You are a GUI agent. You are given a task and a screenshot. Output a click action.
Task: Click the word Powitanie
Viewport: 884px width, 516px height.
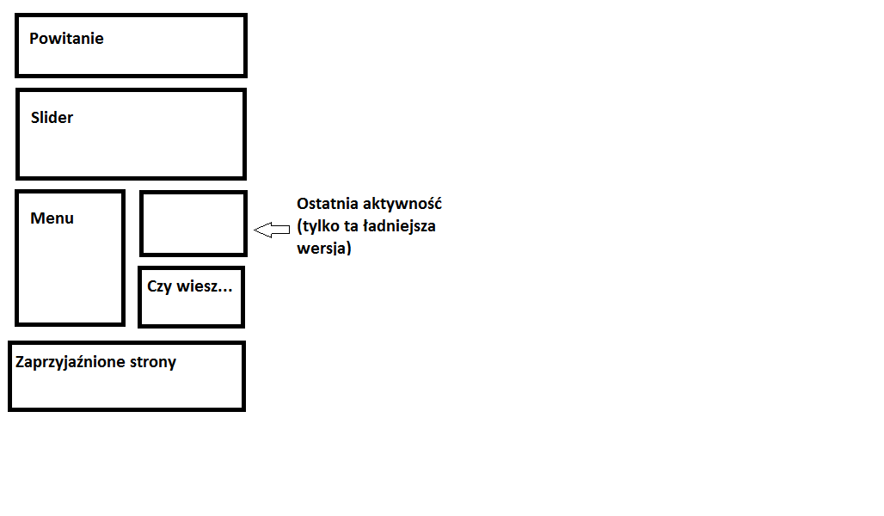click(x=66, y=39)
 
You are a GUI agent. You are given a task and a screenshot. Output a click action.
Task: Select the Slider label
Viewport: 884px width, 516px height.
click(x=52, y=118)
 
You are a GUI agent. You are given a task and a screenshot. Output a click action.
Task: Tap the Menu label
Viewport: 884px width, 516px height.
click(x=52, y=218)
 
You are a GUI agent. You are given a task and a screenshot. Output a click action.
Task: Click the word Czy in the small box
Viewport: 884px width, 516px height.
click(x=160, y=286)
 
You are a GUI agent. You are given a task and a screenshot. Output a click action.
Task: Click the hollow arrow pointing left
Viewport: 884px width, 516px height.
click(x=272, y=230)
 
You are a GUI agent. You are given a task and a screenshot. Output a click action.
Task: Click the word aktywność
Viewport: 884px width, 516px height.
click(x=403, y=205)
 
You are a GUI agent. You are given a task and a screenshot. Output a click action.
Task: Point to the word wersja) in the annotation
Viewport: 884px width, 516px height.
click(x=324, y=249)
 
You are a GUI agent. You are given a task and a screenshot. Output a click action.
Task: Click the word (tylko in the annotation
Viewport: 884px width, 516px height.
click(x=316, y=227)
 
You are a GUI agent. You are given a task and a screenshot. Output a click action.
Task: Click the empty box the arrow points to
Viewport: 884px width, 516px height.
click(x=193, y=224)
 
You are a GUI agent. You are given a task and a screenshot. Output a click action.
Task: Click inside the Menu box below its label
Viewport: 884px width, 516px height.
click(x=70, y=275)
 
